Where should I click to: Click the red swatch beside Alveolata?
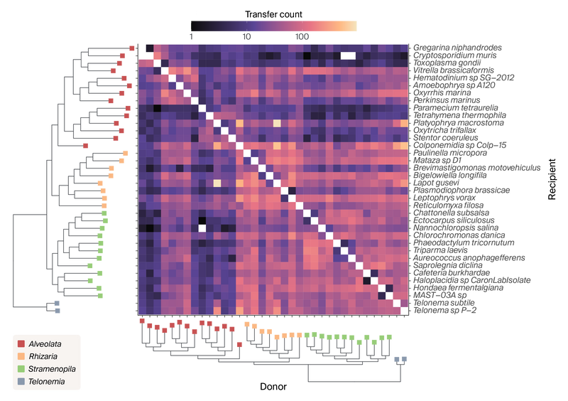(22, 343)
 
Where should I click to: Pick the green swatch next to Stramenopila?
(22, 369)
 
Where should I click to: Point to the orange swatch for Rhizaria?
(22, 356)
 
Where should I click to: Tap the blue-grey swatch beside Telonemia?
(22, 382)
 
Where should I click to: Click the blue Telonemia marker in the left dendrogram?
(57, 306)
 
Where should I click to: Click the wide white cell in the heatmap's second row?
(348, 55)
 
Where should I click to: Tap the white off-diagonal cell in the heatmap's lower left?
(202, 228)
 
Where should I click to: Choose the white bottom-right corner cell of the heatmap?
(404, 310)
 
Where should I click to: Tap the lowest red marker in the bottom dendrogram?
(240, 345)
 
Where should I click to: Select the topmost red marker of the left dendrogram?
(131, 48)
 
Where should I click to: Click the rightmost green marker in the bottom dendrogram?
(389, 335)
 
